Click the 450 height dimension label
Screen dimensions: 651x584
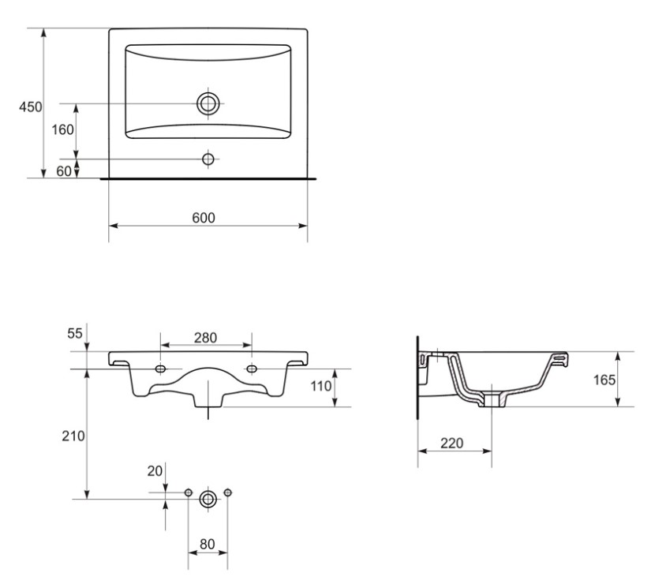(30, 107)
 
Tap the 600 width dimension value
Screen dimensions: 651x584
(204, 218)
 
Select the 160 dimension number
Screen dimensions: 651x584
(62, 129)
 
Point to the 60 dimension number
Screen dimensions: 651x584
(64, 170)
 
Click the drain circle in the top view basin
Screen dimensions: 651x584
(208, 103)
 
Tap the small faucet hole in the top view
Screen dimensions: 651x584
(208, 159)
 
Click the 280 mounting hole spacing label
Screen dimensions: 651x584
(205, 338)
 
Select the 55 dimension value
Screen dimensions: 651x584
(75, 333)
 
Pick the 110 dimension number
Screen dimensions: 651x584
(321, 386)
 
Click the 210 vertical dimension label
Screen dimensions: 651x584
(73, 436)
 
